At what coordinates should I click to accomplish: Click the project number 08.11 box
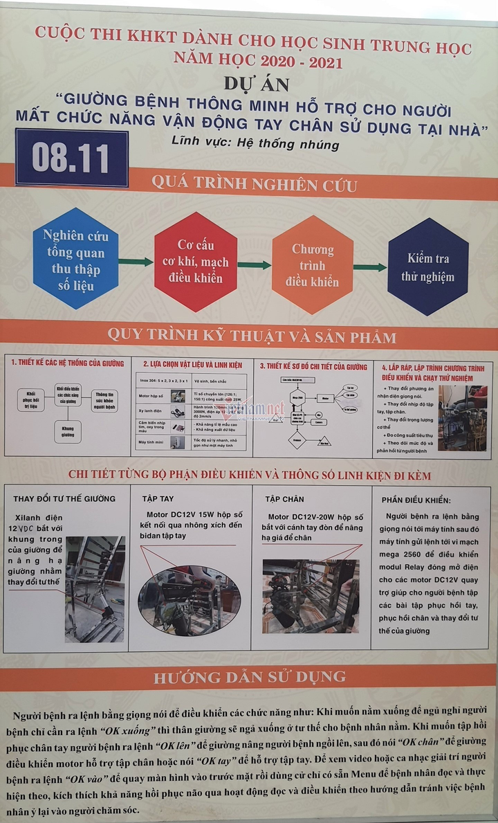point(72,158)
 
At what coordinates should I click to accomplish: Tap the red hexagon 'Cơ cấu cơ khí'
point(195,262)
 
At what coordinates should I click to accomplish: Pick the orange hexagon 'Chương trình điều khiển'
point(313,265)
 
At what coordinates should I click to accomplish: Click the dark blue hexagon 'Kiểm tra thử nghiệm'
point(428,267)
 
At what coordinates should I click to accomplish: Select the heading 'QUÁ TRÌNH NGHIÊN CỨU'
point(254,186)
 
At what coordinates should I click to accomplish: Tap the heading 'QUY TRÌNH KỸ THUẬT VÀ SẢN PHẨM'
point(252,337)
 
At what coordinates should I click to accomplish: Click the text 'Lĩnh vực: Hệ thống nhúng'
point(255,144)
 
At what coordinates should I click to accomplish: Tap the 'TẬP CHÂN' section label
point(284,498)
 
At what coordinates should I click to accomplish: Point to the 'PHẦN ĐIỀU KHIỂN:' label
point(416,500)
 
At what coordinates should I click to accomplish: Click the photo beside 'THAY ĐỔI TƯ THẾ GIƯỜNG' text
point(95,589)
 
